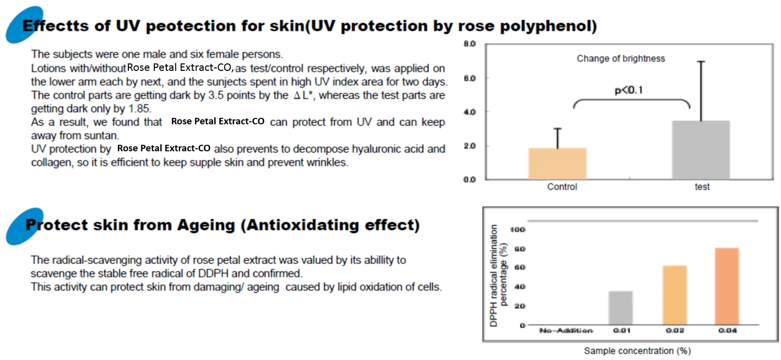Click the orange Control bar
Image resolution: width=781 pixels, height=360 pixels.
pyautogui.click(x=557, y=163)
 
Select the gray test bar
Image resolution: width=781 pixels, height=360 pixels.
pyautogui.click(x=701, y=150)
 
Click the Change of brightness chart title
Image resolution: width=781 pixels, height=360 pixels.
pyautogui.click(x=621, y=58)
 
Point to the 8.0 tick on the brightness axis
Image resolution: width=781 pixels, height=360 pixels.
pyautogui.click(x=469, y=44)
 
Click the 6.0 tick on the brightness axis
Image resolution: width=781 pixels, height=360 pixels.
pyautogui.click(x=469, y=78)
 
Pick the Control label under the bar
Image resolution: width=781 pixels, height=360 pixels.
pyautogui.click(x=562, y=187)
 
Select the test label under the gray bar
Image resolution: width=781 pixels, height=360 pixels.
pyautogui.click(x=702, y=187)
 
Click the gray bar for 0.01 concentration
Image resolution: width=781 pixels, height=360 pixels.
pyautogui.click(x=621, y=308)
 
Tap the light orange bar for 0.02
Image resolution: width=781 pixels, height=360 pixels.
pyautogui.click(x=674, y=295)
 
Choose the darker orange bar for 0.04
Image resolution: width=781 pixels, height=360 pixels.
pyautogui.click(x=727, y=286)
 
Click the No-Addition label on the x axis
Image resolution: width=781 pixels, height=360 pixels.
pyautogui.click(x=566, y=331)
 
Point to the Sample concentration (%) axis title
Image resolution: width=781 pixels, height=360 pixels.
pyautogui.click(x=637, y=351)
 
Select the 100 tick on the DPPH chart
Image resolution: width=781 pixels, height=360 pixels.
pyautogui.click(x=517, y=229)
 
